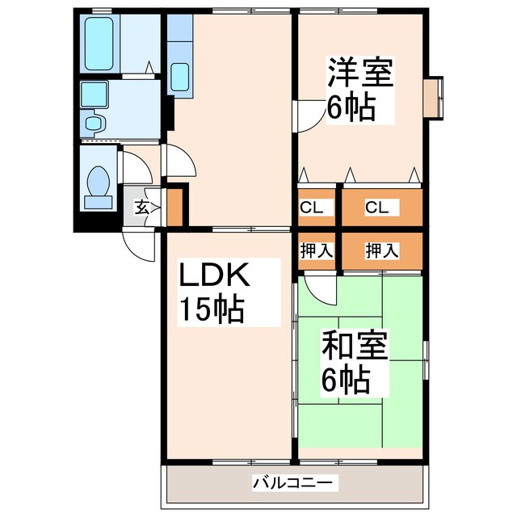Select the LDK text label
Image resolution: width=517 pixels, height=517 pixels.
click(215, 278)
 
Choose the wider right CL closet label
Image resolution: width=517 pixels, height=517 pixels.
click(376, 208)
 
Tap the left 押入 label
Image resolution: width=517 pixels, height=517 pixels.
click(316, 250)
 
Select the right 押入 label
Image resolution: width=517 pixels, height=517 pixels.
click(381, 250)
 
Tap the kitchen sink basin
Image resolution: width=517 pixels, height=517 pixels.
click(180, 78)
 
